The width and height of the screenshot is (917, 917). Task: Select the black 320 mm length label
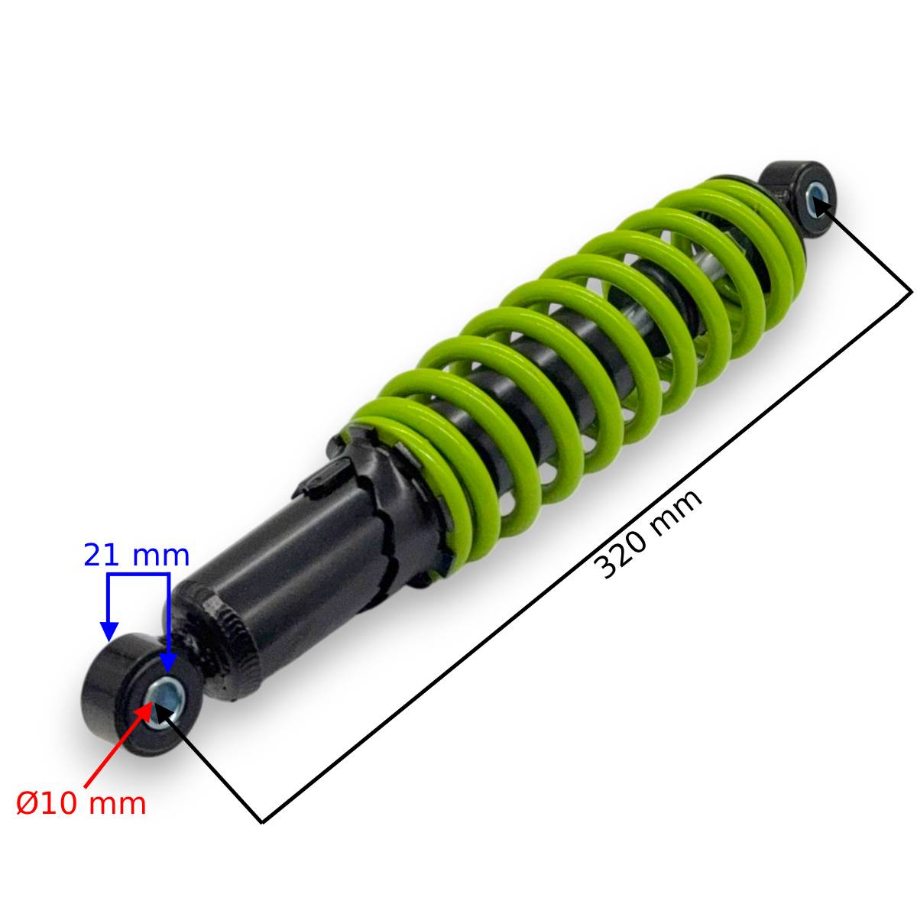click(x=648, y=534)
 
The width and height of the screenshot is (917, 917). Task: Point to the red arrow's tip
click(x=153, y=702)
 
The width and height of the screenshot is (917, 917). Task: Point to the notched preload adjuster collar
click(x=381, y=504)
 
